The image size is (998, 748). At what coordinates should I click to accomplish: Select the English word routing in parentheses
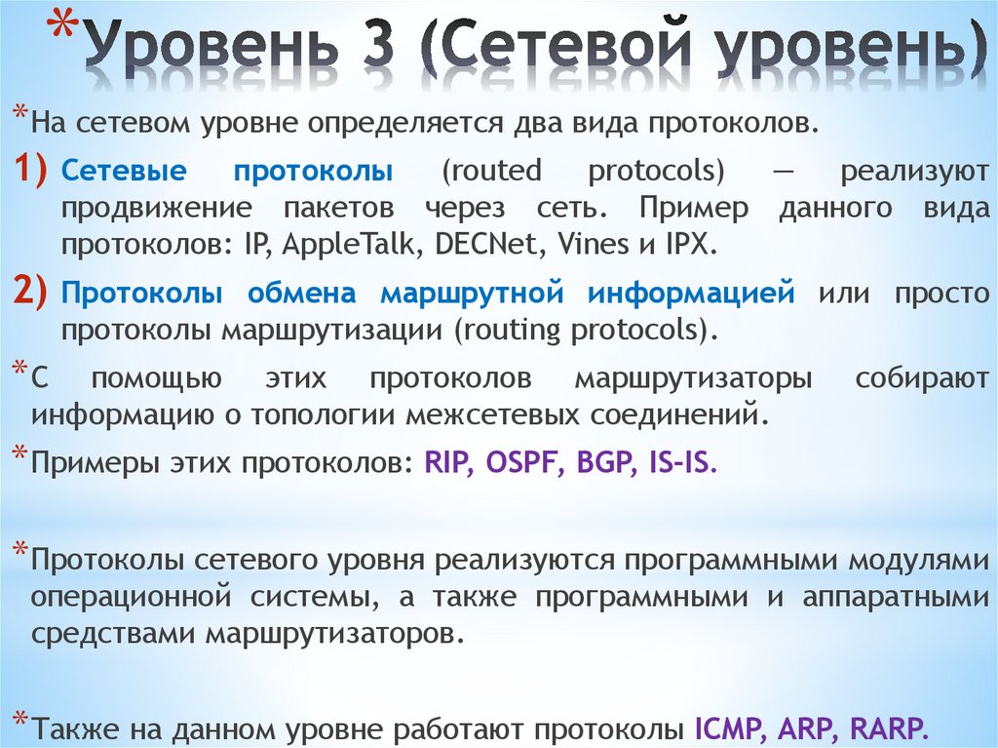(511, 329)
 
